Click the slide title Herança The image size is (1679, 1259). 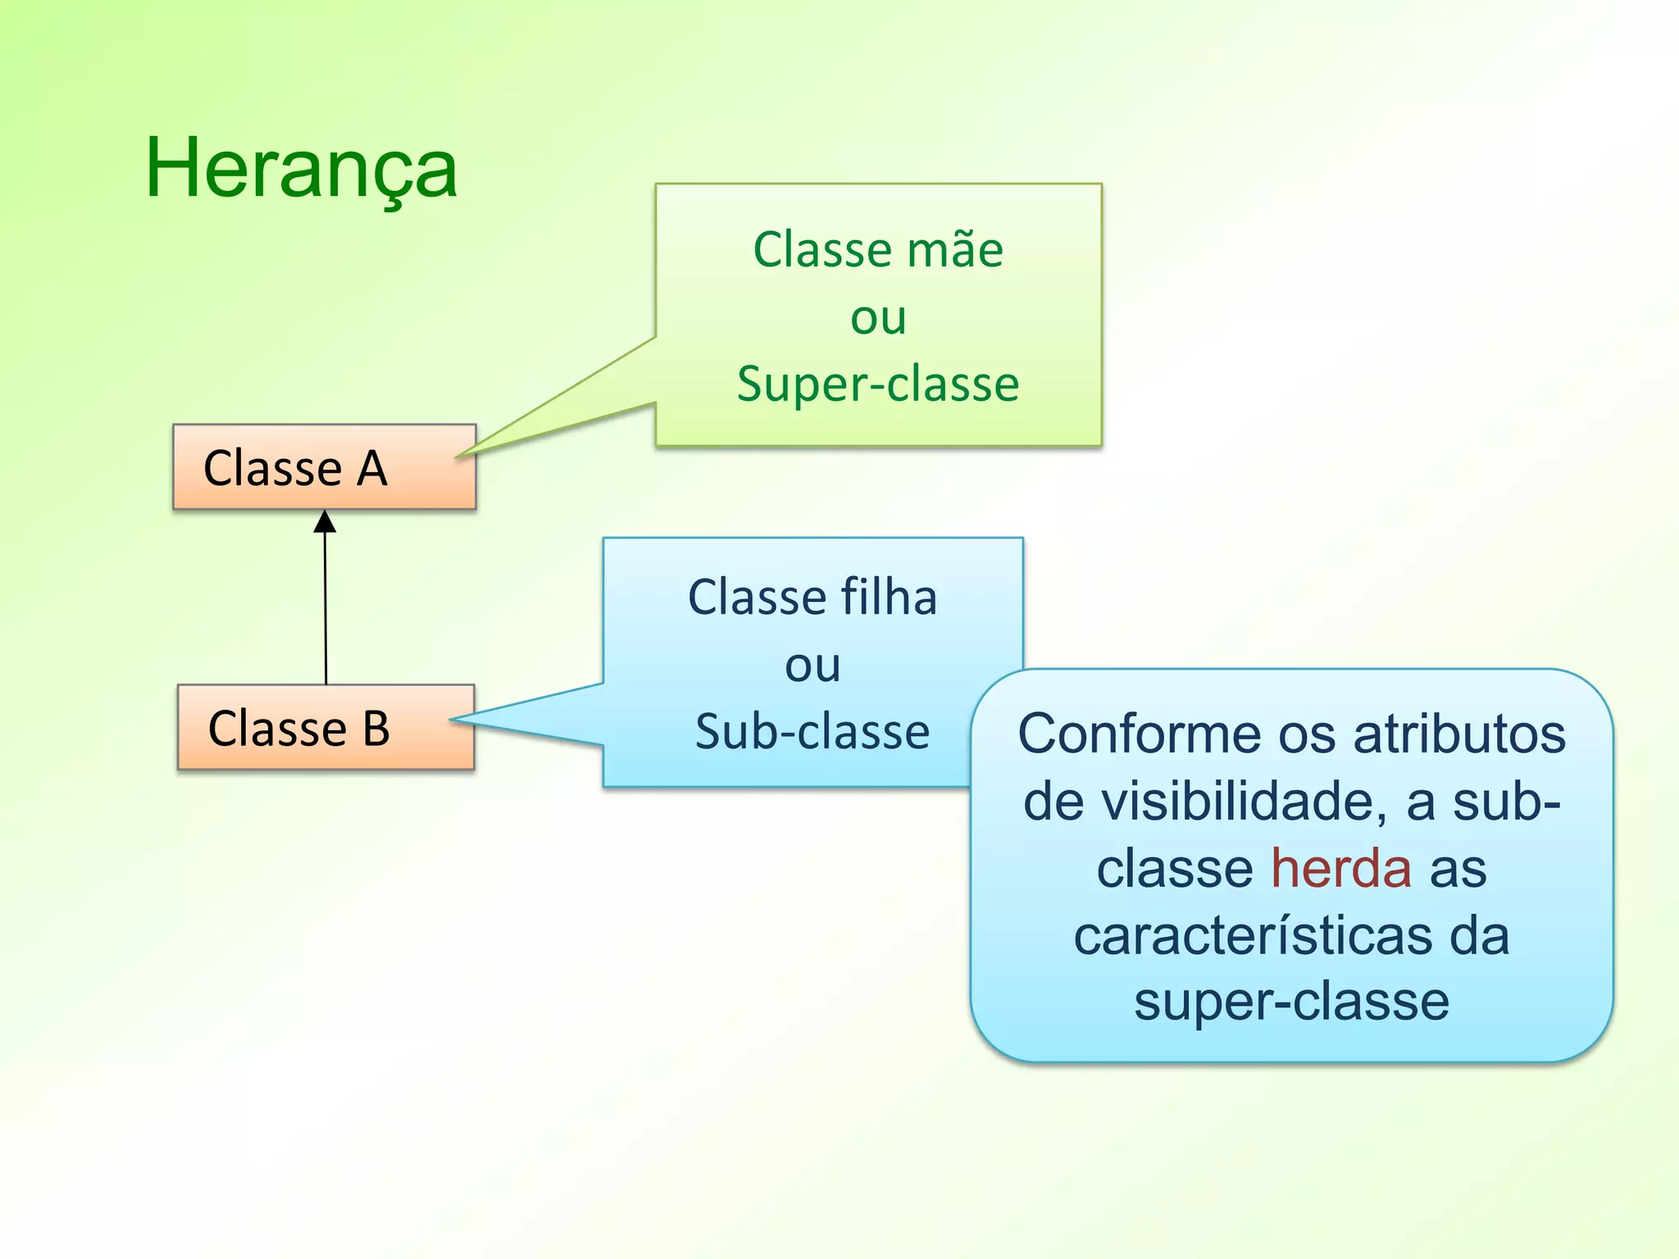pos(301,169)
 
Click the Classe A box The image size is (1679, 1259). pos(324,467)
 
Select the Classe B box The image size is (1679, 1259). pos(325,727)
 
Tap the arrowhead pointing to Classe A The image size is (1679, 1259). pos(325,522)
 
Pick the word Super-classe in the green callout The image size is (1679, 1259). pos(878,384)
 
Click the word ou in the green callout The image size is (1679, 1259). pos(878,318)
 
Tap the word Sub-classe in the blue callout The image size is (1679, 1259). pos(812,731)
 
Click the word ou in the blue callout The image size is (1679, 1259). pos(812,665)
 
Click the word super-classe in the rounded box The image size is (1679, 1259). pos(1291,1002)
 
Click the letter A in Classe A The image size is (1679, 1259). pos(371,469)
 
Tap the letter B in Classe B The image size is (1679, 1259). pos(376,728)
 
